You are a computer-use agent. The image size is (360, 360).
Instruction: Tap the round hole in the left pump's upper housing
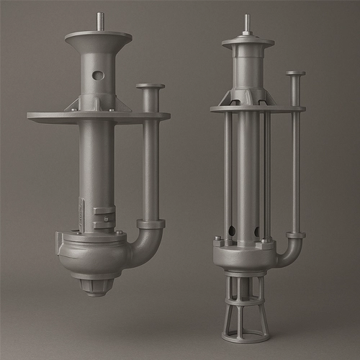(x=99, y=75)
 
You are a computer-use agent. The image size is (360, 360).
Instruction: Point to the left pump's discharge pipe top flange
(x=150, y=87)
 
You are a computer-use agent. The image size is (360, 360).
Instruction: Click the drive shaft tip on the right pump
(x=247, y=22)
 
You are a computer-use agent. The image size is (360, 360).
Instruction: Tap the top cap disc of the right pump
(x=247, y=42)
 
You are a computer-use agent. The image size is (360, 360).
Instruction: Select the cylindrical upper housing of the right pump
(x=247, y=68)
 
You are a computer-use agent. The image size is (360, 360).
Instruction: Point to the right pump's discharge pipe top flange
(x=294, y=73)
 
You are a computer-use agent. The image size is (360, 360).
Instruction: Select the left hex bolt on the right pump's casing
(x=217, y=238)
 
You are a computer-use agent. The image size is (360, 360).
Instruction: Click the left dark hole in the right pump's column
(x=233, y=231)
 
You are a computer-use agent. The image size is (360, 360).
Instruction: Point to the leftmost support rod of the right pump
(x=228, y=173)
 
